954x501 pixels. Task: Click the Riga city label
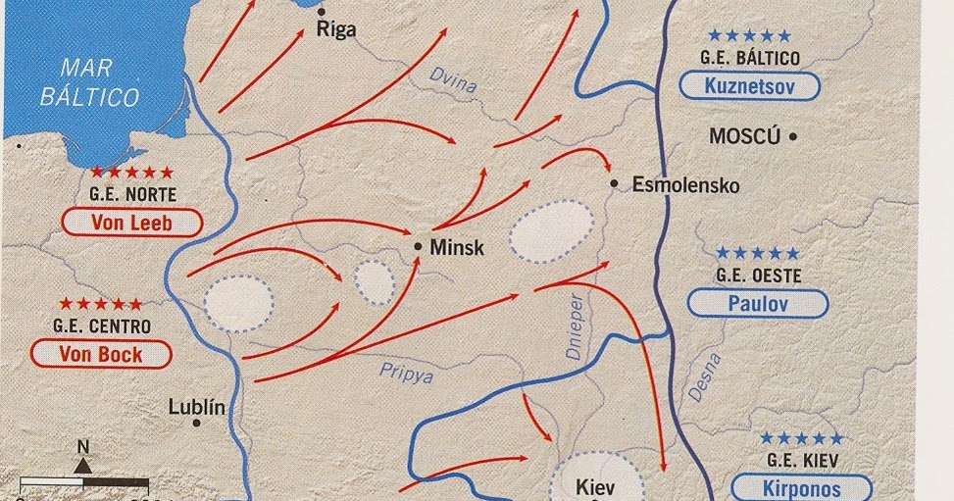(x=336, y=29)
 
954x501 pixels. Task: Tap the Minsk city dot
(x=419, y=246)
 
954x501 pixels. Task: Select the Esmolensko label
(x=685, y=184)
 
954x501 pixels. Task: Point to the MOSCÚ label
(x=744, y=136)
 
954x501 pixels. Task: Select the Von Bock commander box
(x=102, y=354)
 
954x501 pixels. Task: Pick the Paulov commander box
(x=752, y=303)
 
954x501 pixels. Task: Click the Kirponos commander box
(x=801, y=487)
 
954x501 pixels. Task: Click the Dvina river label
(x=454, y=80)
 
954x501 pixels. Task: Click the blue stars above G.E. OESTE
(x=750, y=254)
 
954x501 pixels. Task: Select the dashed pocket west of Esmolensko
(x=552, y=231)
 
